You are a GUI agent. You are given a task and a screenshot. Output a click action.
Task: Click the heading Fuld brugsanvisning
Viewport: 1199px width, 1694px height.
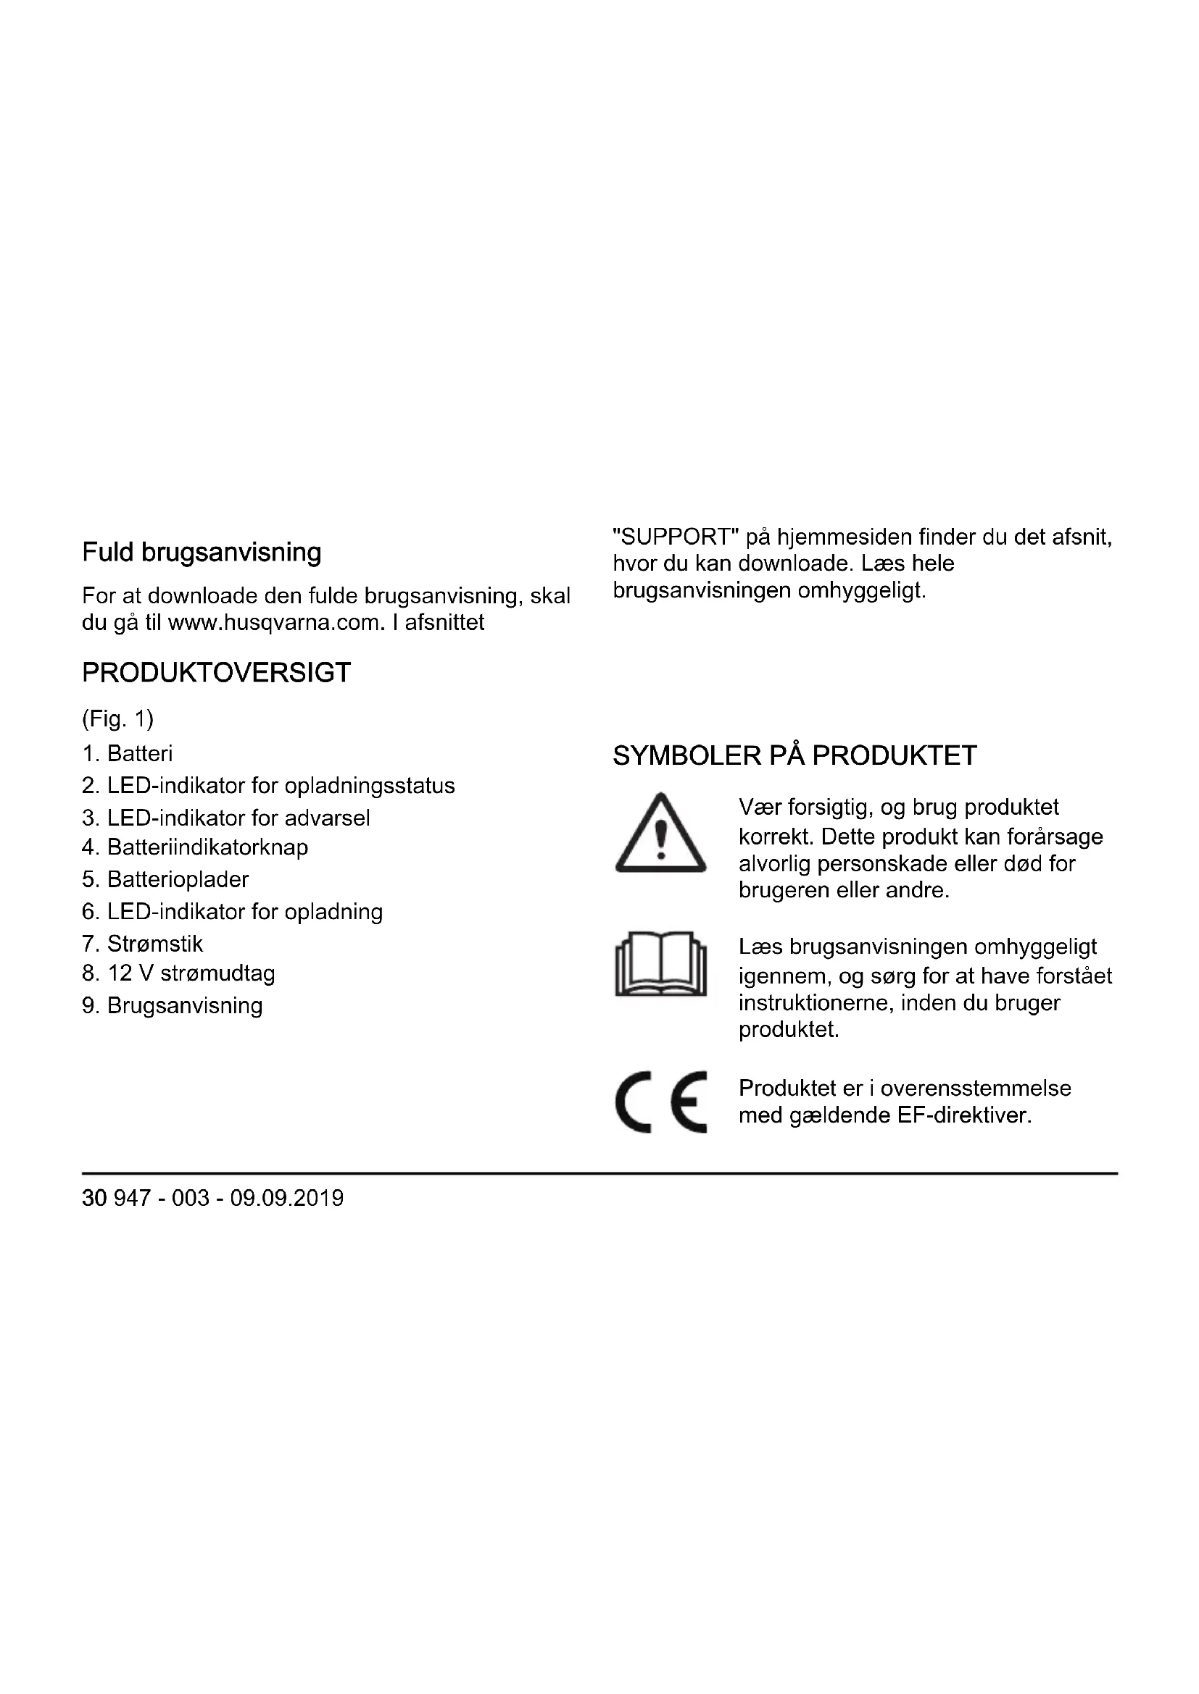click(202, 553)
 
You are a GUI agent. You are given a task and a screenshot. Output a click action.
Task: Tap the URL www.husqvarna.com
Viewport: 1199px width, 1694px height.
click(276, 623)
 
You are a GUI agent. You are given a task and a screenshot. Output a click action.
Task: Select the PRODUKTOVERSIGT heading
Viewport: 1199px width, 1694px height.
click(216, 673)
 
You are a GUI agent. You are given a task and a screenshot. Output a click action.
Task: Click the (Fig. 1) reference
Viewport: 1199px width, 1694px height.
click(117, 718)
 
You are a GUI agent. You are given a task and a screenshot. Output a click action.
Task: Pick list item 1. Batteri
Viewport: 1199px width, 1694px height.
click(127, 754)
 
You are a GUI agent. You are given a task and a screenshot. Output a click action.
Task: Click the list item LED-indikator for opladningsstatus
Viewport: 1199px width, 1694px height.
click(269, 786)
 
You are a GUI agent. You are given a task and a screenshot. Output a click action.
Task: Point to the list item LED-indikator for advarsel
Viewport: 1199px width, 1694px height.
click(226, 818)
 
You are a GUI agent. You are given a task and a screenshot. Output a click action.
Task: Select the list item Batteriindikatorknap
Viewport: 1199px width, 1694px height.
click(195, 848)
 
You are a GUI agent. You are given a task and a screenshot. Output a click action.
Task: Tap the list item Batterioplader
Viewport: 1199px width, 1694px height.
click(165, 880)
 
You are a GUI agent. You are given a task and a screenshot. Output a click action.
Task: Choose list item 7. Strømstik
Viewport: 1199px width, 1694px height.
click(143, 944)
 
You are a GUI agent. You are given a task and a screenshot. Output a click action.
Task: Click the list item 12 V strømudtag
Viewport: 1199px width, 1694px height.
click(178, 974)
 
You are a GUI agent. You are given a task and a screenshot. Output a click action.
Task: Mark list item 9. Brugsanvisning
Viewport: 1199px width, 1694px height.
click(172, 1007)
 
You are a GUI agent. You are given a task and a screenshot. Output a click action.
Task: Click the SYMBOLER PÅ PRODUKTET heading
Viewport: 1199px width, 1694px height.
click(795, 756)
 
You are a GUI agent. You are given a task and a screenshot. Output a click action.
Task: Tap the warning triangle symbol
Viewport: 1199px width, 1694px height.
click(661, 834)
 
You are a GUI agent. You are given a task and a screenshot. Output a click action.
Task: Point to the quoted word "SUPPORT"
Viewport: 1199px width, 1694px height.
click(676, 537)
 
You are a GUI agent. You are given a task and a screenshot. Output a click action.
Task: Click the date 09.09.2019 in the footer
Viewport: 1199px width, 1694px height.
click(286, 1198)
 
